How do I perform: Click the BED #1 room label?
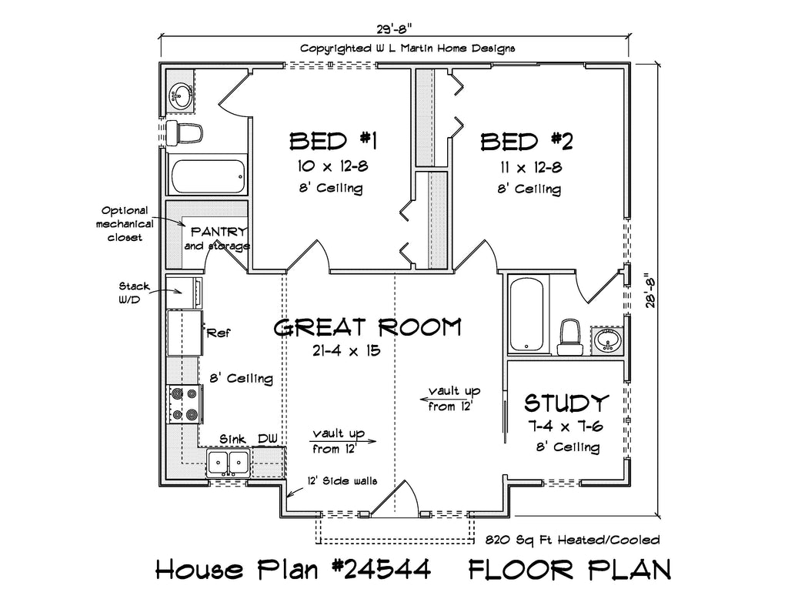click(x=332, y=142)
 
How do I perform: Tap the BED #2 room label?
click(x=526, y=142)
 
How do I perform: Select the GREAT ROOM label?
click(x=367, y=327)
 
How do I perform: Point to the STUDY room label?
click(x=566, y=403)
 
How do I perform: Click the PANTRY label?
click(x=219, y=232)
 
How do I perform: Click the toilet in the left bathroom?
click(x=184, y=133)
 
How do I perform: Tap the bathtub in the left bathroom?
click(x=207, y=176)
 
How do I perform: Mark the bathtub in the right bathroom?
click(x=527, y=314)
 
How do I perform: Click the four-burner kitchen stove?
click(x=185, y=404)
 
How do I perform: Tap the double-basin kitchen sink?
click(x=229, y=463)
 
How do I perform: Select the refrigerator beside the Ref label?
click(x=184, y=333)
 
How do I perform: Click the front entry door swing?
click(x=396, y=498)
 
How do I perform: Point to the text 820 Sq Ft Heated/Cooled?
click(x=573, y=540)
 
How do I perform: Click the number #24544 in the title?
click(x=381, y=569)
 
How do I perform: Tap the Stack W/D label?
click(x=135, y=293)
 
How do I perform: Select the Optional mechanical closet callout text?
click(x=125, y=224)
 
